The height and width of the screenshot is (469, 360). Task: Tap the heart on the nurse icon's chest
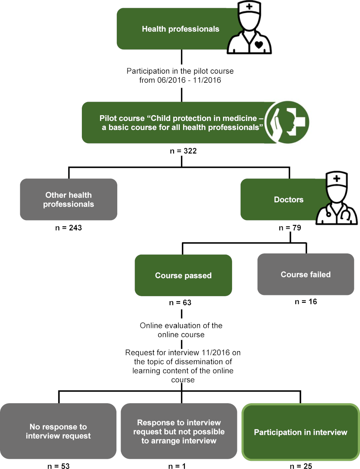(x=258, y=45)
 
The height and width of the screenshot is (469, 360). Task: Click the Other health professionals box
(x=69, y=200)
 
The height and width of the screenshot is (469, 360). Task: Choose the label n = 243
(x=69, y=227)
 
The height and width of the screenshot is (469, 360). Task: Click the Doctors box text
(x=288, y=200)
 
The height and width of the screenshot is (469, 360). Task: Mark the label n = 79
(x=289, y=228)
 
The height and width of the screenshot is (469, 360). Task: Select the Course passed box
(x=183, y=275)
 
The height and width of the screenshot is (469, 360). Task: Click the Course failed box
(x=306, y=274)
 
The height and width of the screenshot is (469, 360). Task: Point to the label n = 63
(x=181, y=303)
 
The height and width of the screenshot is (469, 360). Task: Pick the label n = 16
(x=306, y=302)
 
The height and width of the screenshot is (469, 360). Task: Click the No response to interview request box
(x=58, y=431)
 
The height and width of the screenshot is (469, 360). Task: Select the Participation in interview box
(x=300, y=432)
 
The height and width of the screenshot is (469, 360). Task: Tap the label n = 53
(x=58, y=466)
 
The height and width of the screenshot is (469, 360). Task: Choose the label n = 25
(x=301, y=466)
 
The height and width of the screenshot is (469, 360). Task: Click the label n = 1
(x=177, y=466)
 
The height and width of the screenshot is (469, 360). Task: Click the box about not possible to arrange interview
(x=179, y=431)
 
